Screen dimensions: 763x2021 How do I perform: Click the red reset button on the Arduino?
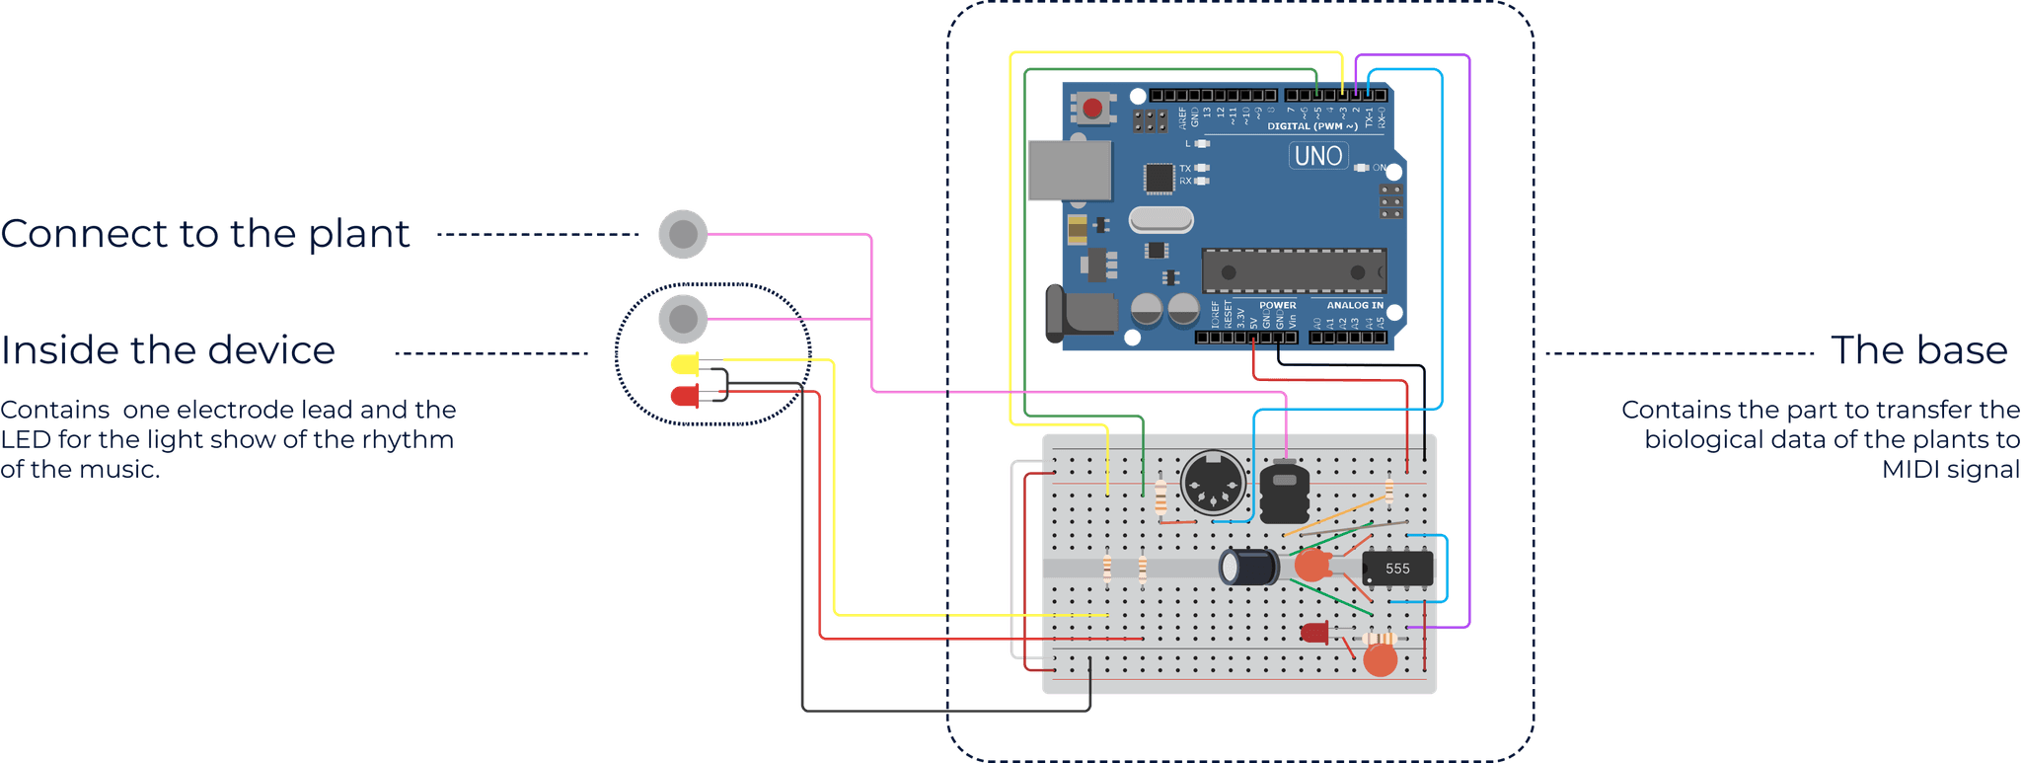1092,108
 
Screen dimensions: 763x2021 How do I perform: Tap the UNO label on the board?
1318,156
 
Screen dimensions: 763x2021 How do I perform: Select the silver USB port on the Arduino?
1070,171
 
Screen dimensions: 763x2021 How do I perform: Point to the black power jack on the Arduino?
1080,316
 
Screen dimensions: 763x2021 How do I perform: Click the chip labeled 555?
1396,569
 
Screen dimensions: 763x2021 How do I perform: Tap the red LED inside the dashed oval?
684,397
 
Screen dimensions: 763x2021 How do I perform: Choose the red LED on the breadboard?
1314,633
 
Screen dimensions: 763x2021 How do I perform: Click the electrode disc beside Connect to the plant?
683,235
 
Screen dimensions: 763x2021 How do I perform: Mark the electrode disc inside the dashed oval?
683,319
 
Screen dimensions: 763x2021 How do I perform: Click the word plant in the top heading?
359,235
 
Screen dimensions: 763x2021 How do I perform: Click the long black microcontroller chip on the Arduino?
1294,271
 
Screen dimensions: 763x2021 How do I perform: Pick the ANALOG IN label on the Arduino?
1354,305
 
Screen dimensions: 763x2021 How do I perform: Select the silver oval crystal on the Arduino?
1160,219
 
